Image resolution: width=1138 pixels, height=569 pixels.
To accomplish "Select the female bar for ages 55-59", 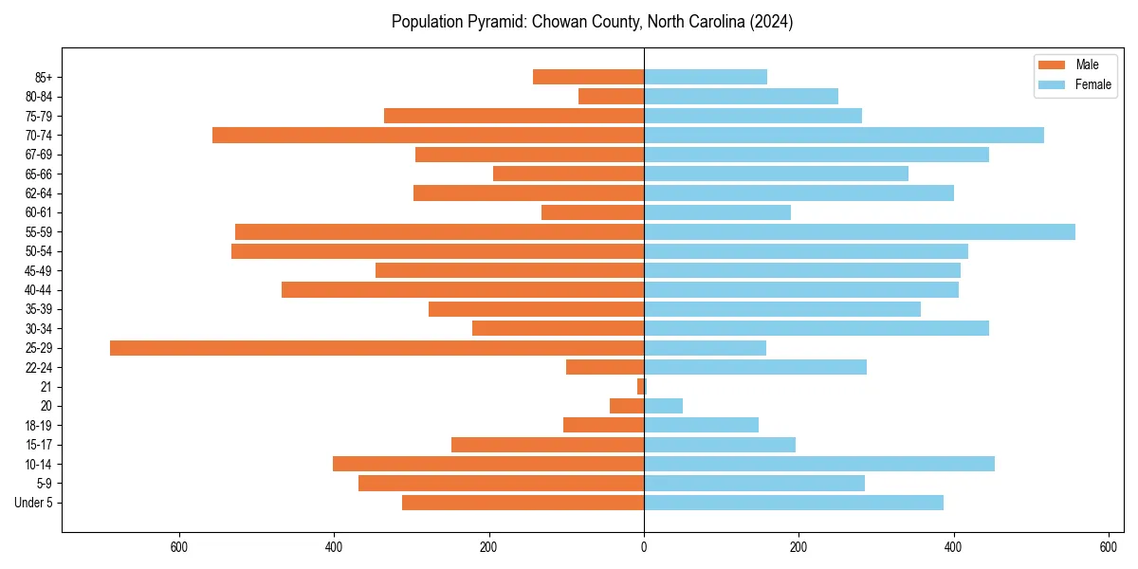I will pyautogui.click(x=859, y=232).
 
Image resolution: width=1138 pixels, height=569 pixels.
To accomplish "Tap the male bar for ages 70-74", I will pyautogui.click(x=428, y=136).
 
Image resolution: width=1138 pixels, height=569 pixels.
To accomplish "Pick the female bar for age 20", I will pyautogui.click(x=663, y=406).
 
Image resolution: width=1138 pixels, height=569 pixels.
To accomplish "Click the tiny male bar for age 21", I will pyautogui.click(x=641, y=387).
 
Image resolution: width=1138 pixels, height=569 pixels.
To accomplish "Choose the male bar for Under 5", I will pyautogui.click(x=523, y=503).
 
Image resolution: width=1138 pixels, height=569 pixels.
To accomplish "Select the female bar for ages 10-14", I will pyautogui.click(x=819, y=464).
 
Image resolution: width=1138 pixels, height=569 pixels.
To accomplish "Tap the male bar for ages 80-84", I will pyautogui.click(x=611, y=97).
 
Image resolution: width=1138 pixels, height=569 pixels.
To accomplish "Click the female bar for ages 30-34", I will pyautogui.click(x=817, y=329).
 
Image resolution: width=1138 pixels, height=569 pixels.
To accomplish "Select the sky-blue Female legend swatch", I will pyautogui.click(x=1052, y=84).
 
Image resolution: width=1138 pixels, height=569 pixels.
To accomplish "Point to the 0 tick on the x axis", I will pyautogui.click(x=644, y=546).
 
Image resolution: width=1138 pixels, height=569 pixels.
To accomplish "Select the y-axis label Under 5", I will pyautogui.click(x=34, y=503).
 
